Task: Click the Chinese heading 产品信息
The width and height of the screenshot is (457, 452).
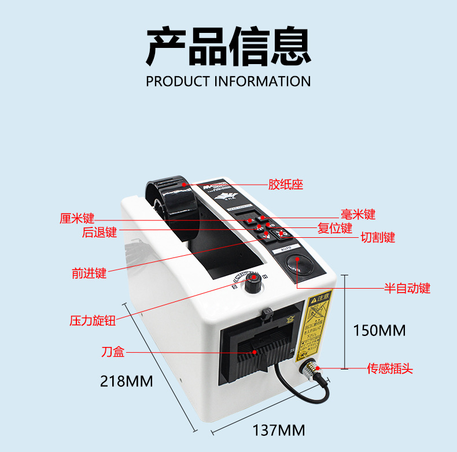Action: tap(228, 46)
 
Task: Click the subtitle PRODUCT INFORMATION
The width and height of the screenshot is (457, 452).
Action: tap(228, 81)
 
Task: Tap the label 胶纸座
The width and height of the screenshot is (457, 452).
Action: tap(286, 185)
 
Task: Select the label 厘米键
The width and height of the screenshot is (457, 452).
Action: tap(77, 219)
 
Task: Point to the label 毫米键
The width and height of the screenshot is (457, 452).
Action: tap(358, 215)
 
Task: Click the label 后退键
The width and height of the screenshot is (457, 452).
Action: tap(99, 233)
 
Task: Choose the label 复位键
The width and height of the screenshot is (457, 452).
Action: tap(335, 228)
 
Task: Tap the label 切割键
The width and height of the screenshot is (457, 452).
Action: tap(378, 237)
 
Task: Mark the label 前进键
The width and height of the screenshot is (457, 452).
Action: tap(89, 274)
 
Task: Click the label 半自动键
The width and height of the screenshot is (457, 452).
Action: tap(408, 288)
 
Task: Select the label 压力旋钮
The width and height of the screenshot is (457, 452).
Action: tap(93, 320)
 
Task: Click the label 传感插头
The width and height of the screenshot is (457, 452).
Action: tap(390, 368)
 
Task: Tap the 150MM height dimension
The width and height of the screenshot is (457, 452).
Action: tap(379, 330)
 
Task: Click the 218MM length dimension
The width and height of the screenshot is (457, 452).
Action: tap(127, 382)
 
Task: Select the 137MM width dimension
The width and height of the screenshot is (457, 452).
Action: tap(278, 430)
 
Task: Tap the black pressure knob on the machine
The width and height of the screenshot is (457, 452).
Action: tap(252, 282)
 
